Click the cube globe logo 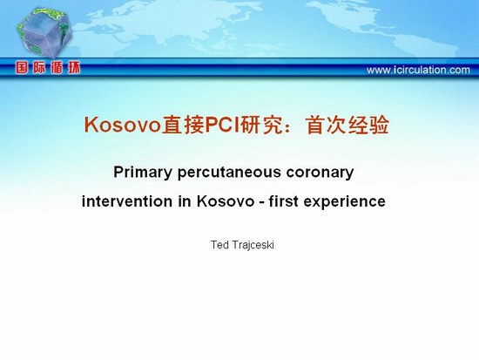point(44,32)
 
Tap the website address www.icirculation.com point(418,70)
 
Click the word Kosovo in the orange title point(123,125)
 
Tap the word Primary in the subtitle point(143,173)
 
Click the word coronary point(320,173)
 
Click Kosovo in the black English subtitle point(226,201)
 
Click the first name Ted point(219,245)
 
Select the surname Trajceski point(253,245)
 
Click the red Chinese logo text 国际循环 point(48,68)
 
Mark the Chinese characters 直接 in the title point(183,125)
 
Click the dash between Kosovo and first point(261,202)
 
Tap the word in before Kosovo point(185,201)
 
